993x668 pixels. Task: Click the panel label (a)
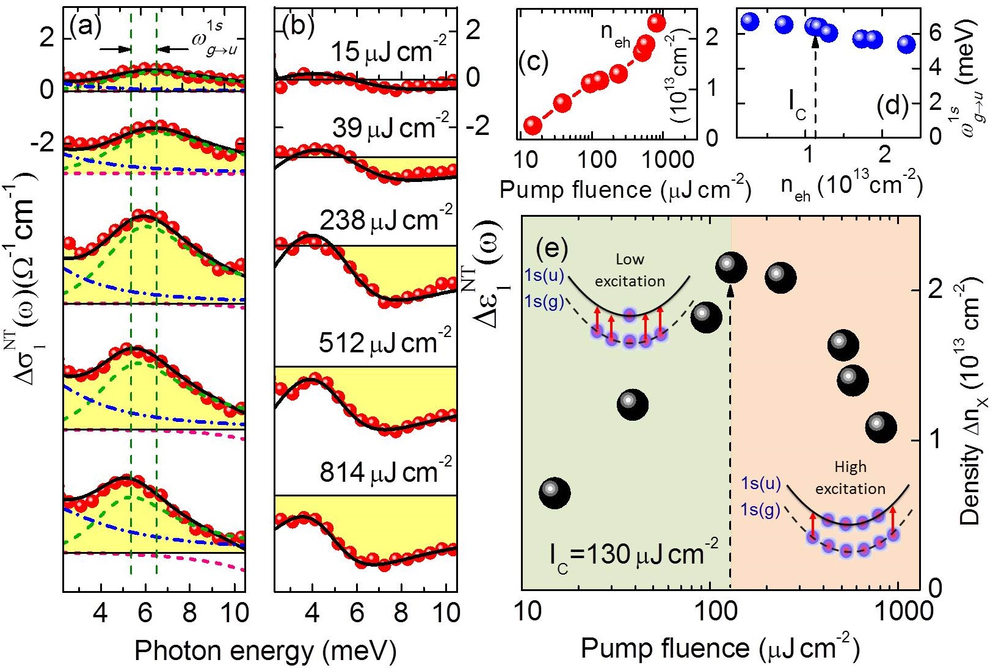point(85,26)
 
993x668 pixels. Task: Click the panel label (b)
point(299,26)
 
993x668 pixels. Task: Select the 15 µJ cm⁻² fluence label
point(388,50)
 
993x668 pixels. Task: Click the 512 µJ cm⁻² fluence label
point(385,343)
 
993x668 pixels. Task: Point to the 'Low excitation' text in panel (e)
point(630,270)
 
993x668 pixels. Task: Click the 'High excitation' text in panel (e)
point(850,477)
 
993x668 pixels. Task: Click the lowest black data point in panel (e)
point(555,493)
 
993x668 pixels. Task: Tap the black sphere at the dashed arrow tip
point(730,267)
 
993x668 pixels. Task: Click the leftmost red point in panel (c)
point(533,126)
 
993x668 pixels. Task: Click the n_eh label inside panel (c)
point(615,35)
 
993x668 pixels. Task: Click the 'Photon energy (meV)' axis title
point(265,650)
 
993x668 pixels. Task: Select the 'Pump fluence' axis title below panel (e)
point(720,648)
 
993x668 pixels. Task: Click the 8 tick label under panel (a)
point(189,612)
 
